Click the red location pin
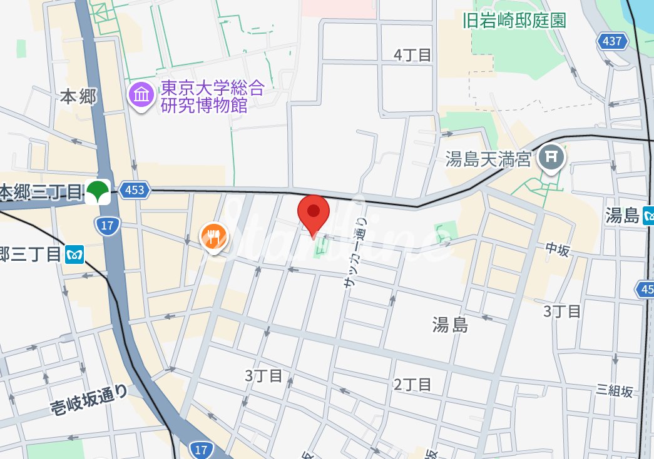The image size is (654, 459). [314, 213]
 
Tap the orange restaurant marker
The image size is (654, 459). [213, 237]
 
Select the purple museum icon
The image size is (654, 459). [142, 95]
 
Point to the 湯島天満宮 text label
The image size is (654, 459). [488, 159]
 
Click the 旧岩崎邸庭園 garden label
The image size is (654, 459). [514, 20]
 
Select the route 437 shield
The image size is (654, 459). [612, 41]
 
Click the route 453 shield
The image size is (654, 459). [135, 190]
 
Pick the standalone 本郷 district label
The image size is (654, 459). [79, 96]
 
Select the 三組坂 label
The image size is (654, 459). [615, 390]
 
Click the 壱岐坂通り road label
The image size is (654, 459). [89, 400]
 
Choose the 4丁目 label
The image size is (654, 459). [413, 55]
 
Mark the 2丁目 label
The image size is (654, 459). [412, 384]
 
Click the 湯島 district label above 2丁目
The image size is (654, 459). [450, 324]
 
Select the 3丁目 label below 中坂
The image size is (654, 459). [562, 311]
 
